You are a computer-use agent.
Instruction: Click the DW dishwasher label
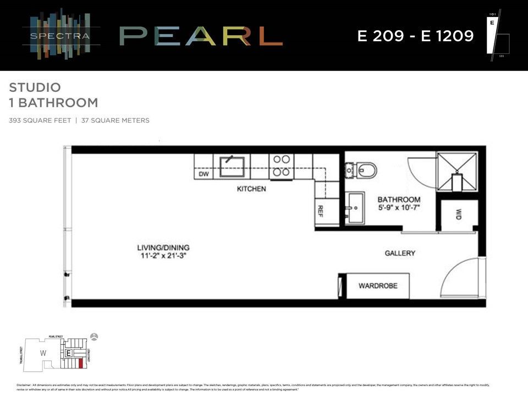coord(203,174)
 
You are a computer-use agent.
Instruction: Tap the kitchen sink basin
coord(233,166)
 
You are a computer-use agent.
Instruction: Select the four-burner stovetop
coord(282,166)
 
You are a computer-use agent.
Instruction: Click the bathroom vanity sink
coord(355,207)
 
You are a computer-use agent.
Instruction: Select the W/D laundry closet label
coord(458,215)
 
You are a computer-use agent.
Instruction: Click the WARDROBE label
coord(377,286)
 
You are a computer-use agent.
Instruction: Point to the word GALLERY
coord(399,253)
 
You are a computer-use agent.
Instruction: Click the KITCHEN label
coord(251,189)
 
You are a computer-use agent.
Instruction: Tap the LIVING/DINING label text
coord(163,248)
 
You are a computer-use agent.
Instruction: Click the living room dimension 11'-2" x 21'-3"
coord(163,256)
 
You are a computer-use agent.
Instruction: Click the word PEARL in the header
coord(201,36)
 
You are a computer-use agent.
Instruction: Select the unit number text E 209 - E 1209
coord(415,36)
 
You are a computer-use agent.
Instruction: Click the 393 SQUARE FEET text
coord(40,120)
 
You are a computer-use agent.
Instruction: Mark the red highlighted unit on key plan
coord(80,362)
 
